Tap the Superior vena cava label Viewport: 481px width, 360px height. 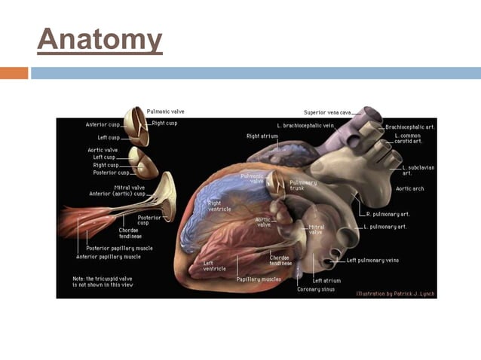(327, 113)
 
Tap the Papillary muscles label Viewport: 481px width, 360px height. (259, 279)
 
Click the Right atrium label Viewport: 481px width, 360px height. (262, 136)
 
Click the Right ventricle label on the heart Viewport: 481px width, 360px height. (219, 206)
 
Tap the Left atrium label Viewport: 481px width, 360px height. (327, 281)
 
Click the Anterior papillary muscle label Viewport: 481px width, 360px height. (108, 257)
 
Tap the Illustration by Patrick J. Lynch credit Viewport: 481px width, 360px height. (395, 294)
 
